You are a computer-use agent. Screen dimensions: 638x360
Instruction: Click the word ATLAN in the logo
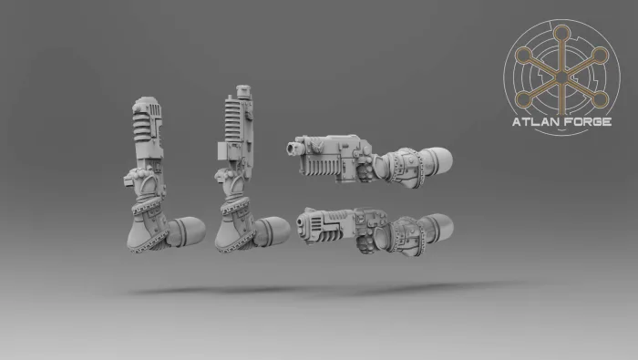[534, 121]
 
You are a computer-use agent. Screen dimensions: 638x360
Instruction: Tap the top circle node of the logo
[562, 34]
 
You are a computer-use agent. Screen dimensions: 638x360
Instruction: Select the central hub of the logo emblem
[562, 77]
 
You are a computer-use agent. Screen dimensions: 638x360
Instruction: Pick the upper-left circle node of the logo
[524, 56]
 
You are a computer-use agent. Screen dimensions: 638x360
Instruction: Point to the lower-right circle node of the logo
[600, 99]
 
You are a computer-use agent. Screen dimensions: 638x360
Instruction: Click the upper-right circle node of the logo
[600, 56]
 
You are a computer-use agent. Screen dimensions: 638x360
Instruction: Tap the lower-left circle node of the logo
[524, 99]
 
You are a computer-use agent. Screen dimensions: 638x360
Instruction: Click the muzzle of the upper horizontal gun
[293, 148]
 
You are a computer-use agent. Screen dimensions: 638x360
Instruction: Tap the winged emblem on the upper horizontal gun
[315, 146]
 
